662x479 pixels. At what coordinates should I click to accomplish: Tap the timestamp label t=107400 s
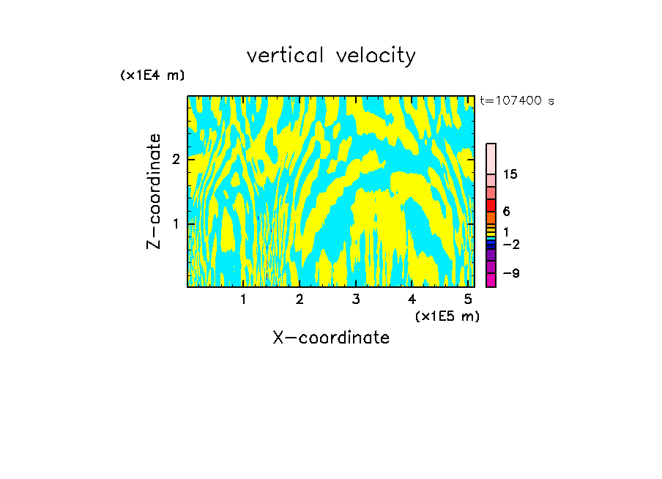[x=516, y=101]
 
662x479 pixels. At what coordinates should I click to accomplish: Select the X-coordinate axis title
[x=331, y=338]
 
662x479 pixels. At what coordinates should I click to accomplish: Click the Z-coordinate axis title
[x=154, y=191]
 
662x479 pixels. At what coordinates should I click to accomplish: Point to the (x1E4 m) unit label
[x=152, y=75]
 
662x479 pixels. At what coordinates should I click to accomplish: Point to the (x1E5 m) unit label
[x=447, y=316]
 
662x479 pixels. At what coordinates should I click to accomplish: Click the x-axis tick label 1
[x=244, y=300]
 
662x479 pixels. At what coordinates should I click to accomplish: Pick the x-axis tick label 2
[x=300, y=300]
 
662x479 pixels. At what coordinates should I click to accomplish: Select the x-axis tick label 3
[x=356, y=300]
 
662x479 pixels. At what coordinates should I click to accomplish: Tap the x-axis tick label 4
[x=412, y=300]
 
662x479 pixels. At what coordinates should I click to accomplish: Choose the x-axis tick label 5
[x=468, y=300]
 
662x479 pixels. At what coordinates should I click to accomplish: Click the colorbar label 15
[x=510, y=174]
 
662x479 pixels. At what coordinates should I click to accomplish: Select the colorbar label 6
[x=506, y=211]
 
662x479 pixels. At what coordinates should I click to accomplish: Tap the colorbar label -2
[x=510, y=244]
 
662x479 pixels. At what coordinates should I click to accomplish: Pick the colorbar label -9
[x=510, y=273]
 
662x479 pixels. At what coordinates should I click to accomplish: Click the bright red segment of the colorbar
[x=491, y=205]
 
